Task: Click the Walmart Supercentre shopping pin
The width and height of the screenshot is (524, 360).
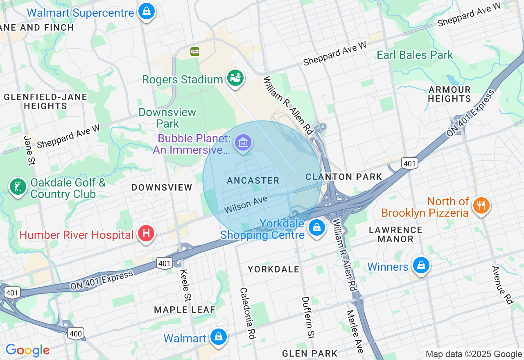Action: coord(146,11)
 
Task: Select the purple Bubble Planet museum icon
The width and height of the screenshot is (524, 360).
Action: coord(243,143)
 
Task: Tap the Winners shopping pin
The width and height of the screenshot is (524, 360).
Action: coord(421,266)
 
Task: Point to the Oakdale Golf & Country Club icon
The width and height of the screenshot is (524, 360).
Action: coord(18,187)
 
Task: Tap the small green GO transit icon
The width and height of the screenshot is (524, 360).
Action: coord(195,52)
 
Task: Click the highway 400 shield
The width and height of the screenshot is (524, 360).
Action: coord(76,333)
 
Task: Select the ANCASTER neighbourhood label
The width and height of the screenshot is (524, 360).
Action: coord(253,180)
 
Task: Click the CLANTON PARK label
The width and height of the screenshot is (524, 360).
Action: coord(344,177)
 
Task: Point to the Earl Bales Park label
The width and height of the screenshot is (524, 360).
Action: coord(415,55)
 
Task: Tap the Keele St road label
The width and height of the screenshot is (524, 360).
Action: coord(186,285)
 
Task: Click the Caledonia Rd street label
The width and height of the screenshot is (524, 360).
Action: coord(248,313)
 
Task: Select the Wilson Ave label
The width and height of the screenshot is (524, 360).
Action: coord(246,204)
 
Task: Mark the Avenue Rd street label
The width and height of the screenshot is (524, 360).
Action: coord(502,285)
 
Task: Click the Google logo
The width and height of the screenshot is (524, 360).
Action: coord(27,350)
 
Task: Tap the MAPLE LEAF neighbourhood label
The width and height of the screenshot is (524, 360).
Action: coord(185,310)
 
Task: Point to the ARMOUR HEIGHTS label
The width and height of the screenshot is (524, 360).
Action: coord(449,94)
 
